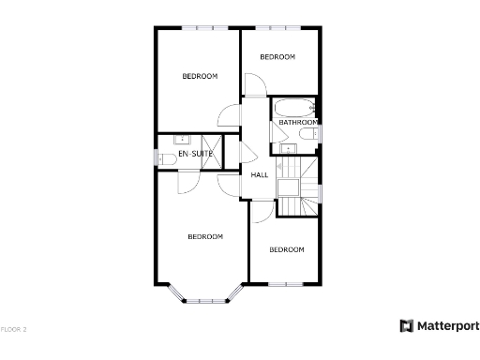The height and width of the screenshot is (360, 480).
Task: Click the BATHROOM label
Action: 297,122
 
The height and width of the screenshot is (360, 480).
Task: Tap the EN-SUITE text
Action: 196,153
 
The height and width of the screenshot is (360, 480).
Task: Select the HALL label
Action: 260,174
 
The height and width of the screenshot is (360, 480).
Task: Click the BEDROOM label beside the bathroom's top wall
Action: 277,57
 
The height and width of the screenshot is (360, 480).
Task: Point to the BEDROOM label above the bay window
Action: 205,236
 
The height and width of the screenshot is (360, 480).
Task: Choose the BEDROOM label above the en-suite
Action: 200,76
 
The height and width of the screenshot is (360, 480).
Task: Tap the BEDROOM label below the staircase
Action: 287,249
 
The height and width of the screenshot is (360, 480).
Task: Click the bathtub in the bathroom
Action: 294,106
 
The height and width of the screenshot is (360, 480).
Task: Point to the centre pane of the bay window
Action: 207,301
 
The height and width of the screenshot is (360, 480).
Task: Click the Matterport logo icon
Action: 407,326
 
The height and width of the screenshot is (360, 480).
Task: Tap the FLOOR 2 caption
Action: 14,329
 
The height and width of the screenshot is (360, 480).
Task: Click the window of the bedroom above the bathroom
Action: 277,28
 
